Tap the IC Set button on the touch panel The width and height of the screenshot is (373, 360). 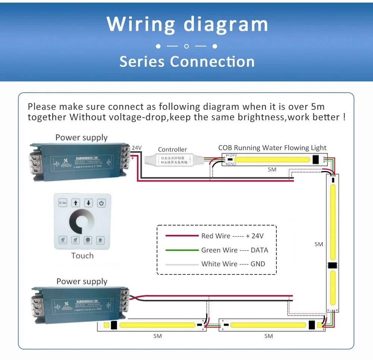(63, 203)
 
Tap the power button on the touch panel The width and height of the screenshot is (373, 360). (101, 203)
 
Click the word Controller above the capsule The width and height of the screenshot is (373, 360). (172, 149)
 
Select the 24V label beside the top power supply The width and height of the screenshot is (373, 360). (137, 148)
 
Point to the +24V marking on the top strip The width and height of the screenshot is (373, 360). (232, 155)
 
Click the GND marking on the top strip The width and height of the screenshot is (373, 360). (232, 164)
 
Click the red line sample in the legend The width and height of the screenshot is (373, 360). (182, 236)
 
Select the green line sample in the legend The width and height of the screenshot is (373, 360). (182, 250)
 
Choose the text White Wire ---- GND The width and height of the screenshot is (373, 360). (233, 264)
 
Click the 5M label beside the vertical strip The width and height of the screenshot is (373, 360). (319, 244)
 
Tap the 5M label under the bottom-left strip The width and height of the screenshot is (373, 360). (157, 336)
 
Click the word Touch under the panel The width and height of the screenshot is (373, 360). (82, 256)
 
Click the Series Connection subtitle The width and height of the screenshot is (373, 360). (186, 62)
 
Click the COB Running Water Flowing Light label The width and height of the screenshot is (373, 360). (272, 148)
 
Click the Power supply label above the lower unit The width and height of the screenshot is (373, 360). (82, 282)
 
